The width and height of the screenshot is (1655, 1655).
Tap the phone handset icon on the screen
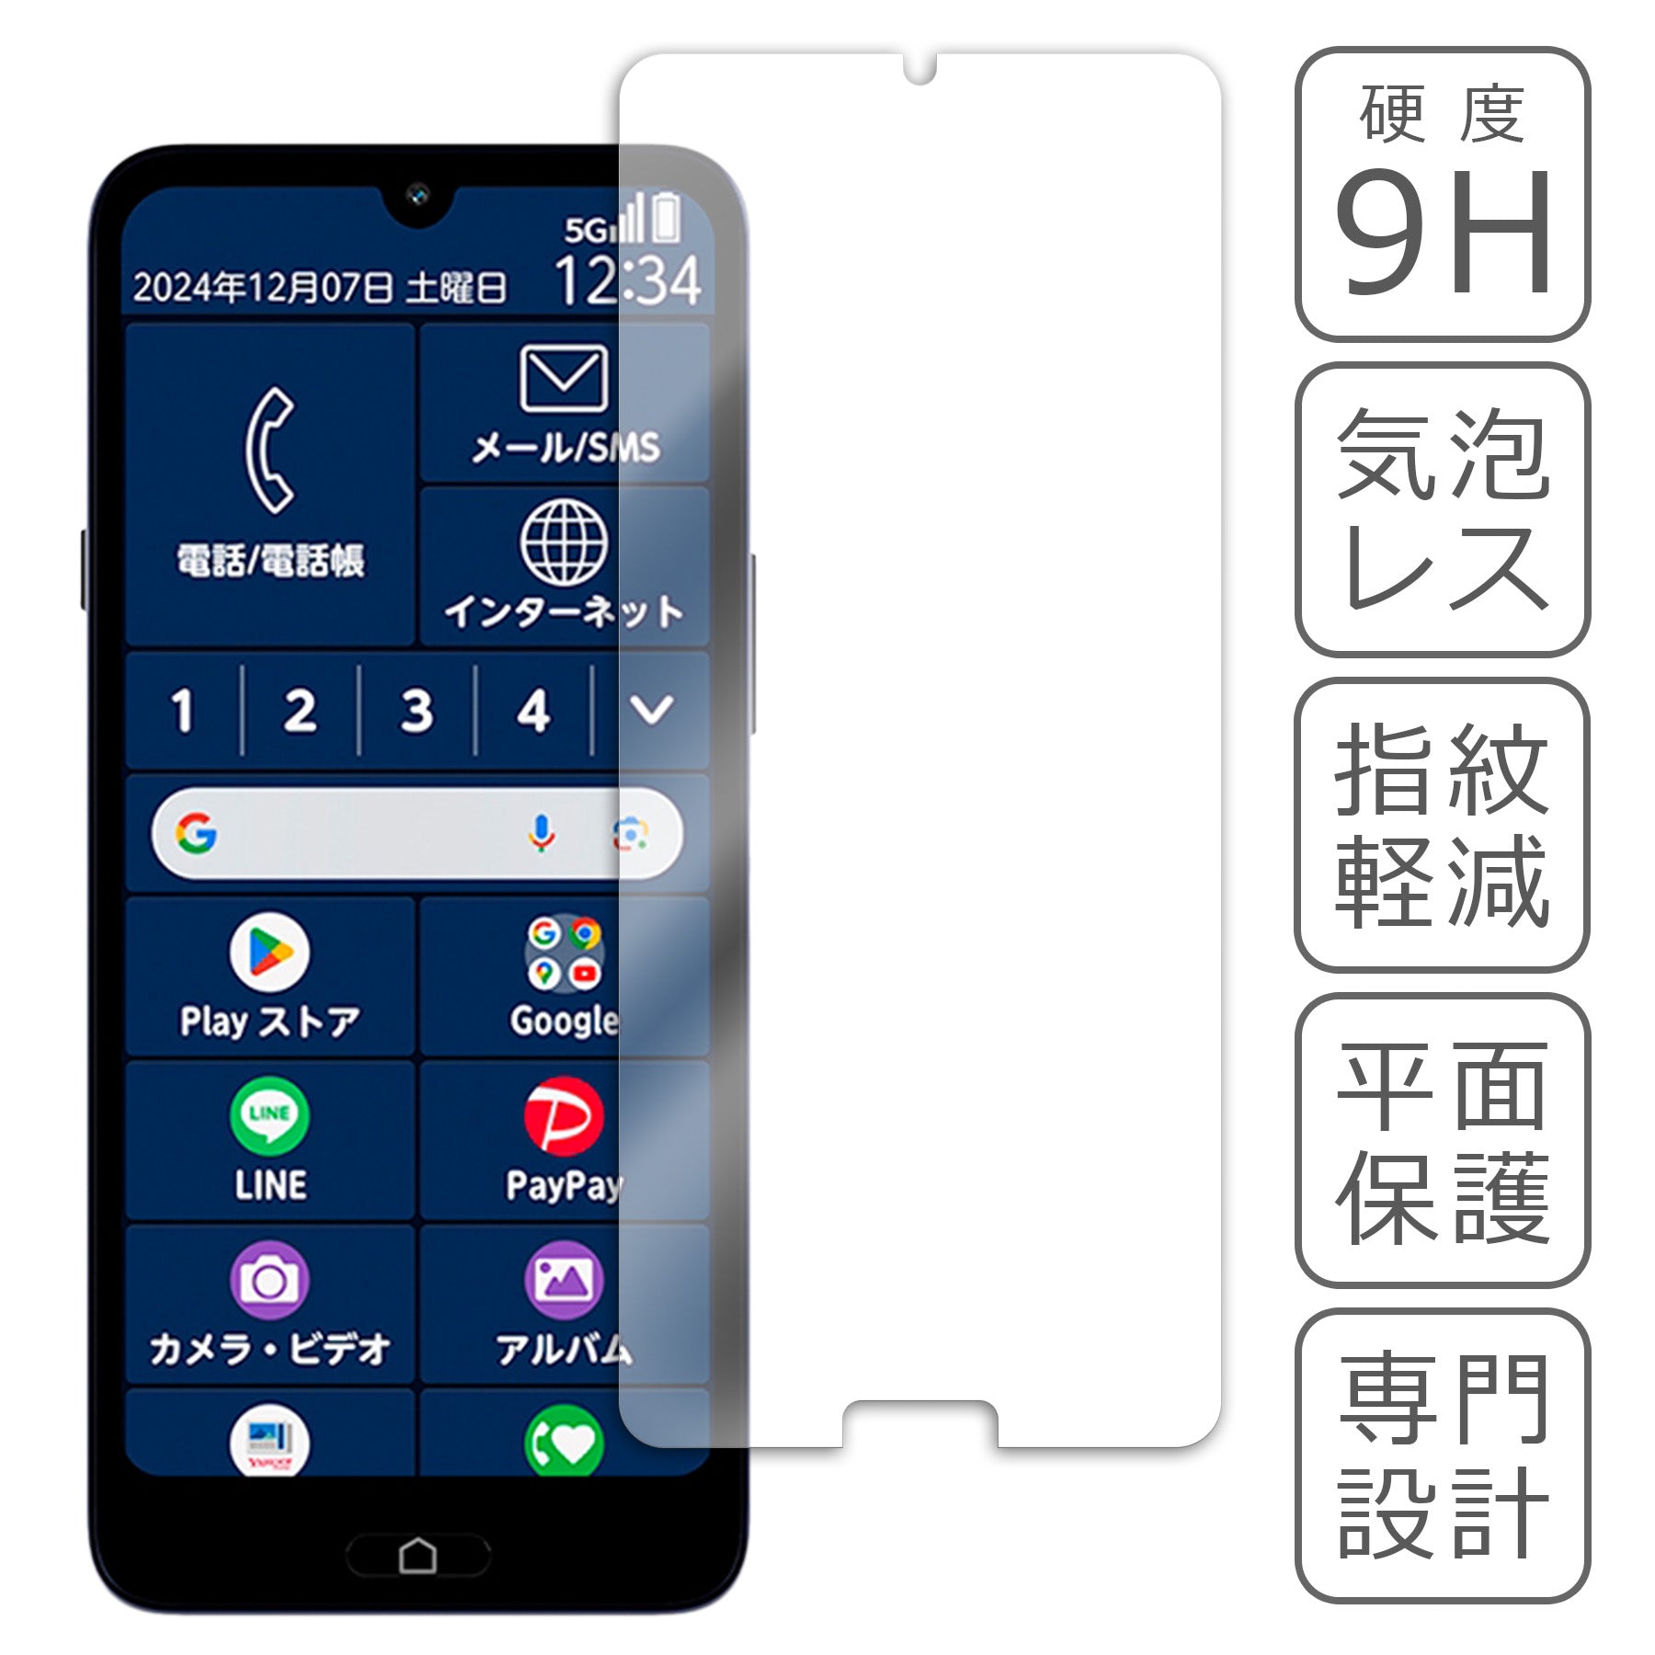(270, 451)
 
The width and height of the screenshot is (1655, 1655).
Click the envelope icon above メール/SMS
(564, 378)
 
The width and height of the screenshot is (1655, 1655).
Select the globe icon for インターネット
(564, 542)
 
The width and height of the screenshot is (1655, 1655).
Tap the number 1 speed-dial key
(183, 711)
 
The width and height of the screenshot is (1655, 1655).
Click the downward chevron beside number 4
(652, 709)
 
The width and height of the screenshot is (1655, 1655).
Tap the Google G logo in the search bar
(197, 833)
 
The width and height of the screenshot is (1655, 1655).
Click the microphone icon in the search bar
(542, 833)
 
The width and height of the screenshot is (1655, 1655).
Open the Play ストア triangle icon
(269, 953)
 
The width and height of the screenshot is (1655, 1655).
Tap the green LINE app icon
(269, 1115)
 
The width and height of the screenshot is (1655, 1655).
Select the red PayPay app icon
(564, 1115)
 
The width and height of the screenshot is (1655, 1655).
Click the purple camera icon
(269, 1279)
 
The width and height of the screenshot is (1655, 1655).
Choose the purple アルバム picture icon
(564, 1279)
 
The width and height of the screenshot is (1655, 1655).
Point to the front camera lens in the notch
(418, 195)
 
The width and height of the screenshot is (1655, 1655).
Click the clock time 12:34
(628, 280)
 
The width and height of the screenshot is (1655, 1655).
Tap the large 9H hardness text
(1442, 234)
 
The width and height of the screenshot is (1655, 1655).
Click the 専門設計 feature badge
(1442, 1455)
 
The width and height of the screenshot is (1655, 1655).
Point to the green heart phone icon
(564, 1442)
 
